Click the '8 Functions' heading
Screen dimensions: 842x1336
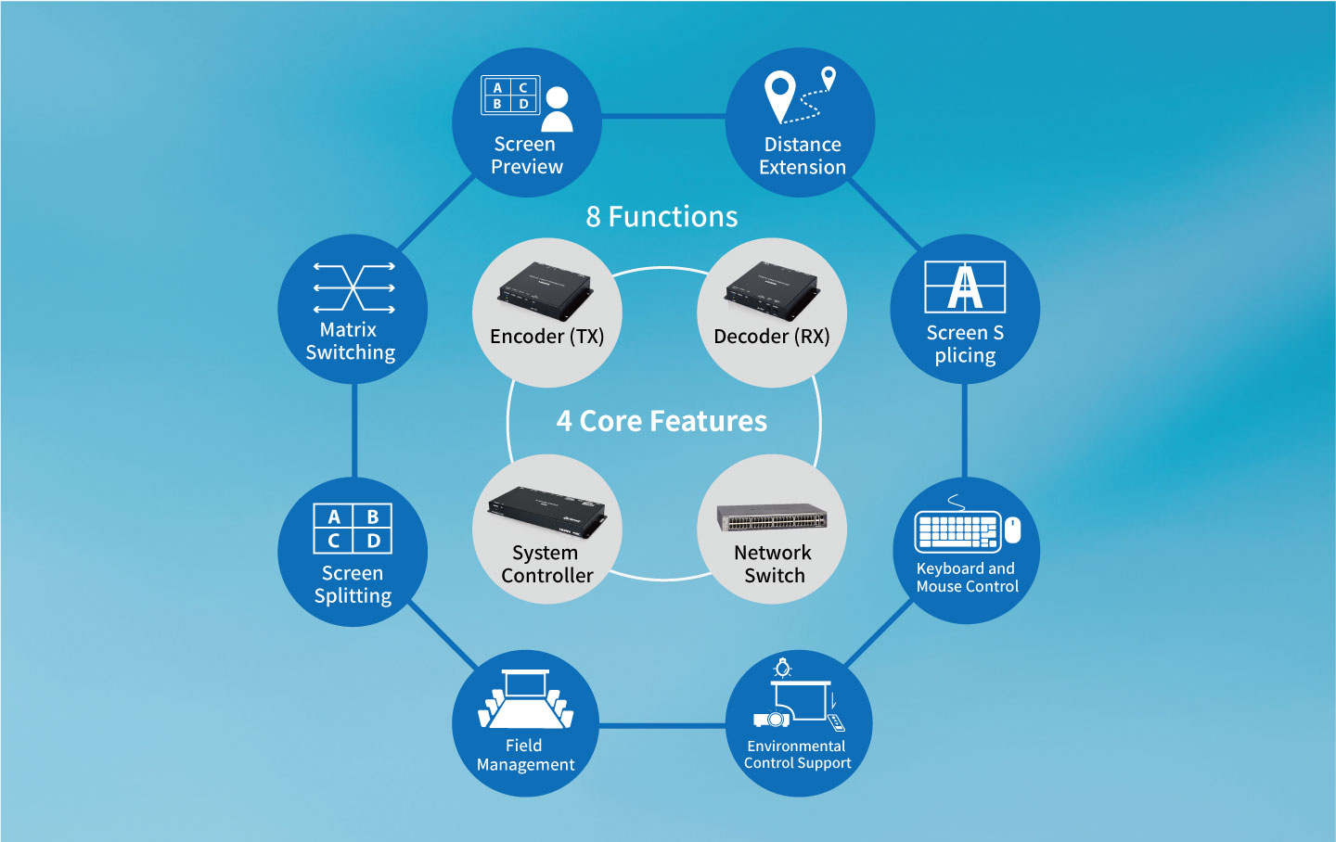tap(662, 217)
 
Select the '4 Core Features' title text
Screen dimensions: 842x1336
tap(662, 421)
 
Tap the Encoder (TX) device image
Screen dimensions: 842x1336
tap(546, 288)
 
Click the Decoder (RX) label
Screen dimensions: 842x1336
tap(772, 337)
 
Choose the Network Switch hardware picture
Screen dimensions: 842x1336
tap(772, 517)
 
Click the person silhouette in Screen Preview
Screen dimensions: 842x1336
tap(557, 109)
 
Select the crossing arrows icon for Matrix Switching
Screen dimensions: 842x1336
tap(353, 287)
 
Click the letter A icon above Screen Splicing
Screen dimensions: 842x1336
tap(965, 287)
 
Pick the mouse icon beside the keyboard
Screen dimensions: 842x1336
tap(1013, 529)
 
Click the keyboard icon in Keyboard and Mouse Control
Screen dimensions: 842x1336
tap(957, 531)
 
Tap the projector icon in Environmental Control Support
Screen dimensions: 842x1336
tap(771, 719)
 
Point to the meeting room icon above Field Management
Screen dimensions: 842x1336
tap(525, 700)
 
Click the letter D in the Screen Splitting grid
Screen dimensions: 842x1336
tap(373, 541)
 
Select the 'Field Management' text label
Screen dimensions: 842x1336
tap(525, 755)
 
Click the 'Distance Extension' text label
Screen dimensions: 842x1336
tap(803, 156)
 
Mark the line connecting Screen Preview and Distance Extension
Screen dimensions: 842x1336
tap(663, 117)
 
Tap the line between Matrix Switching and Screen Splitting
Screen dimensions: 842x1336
tap(354, 431)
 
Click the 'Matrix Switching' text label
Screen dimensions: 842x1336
tap(350, 341)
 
